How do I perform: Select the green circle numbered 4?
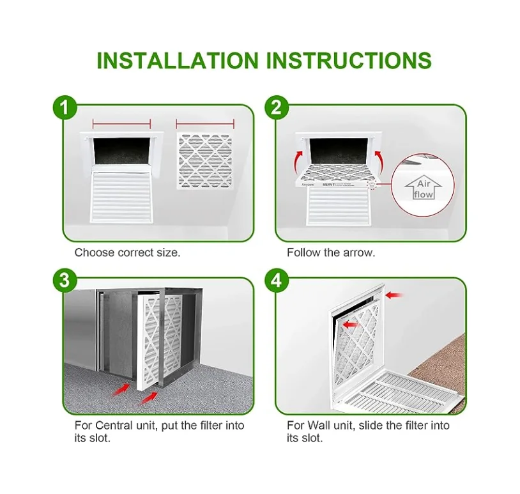click(x=275, y=280)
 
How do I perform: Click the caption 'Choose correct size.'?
click(x=127, y=252)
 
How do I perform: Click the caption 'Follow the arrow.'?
click(x=330, y=252)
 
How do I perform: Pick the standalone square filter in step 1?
click(x=204, y=161)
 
